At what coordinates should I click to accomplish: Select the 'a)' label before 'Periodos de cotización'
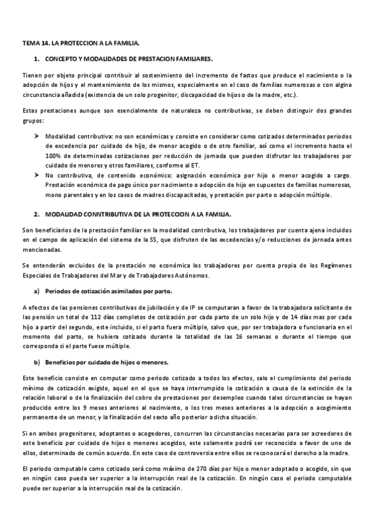coord(37,291)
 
